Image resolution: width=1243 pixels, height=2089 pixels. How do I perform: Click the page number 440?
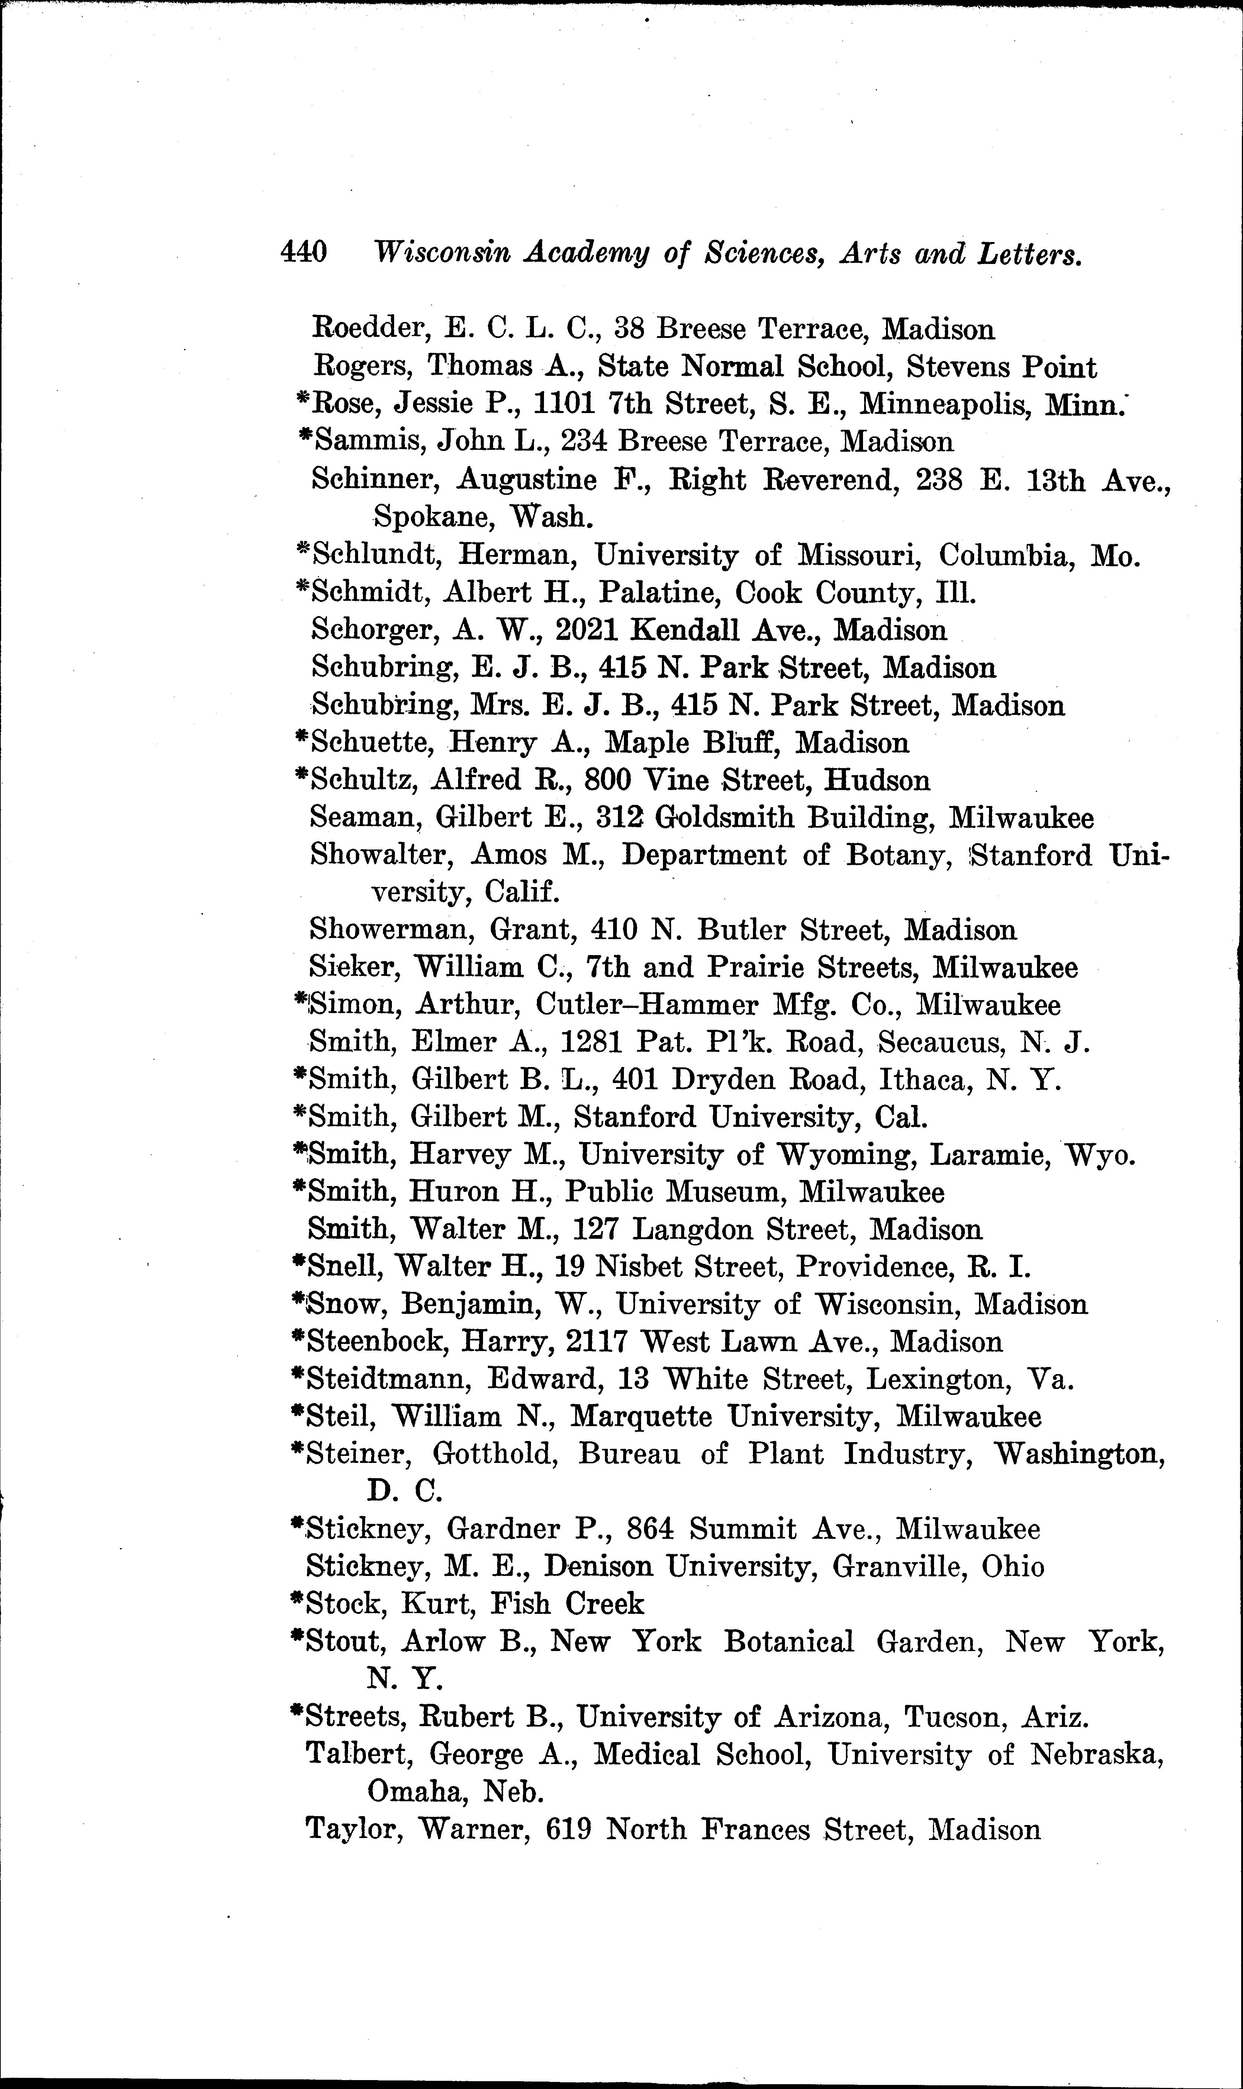click(303, 251)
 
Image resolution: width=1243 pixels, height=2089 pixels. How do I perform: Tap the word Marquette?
click(641, 1417)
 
